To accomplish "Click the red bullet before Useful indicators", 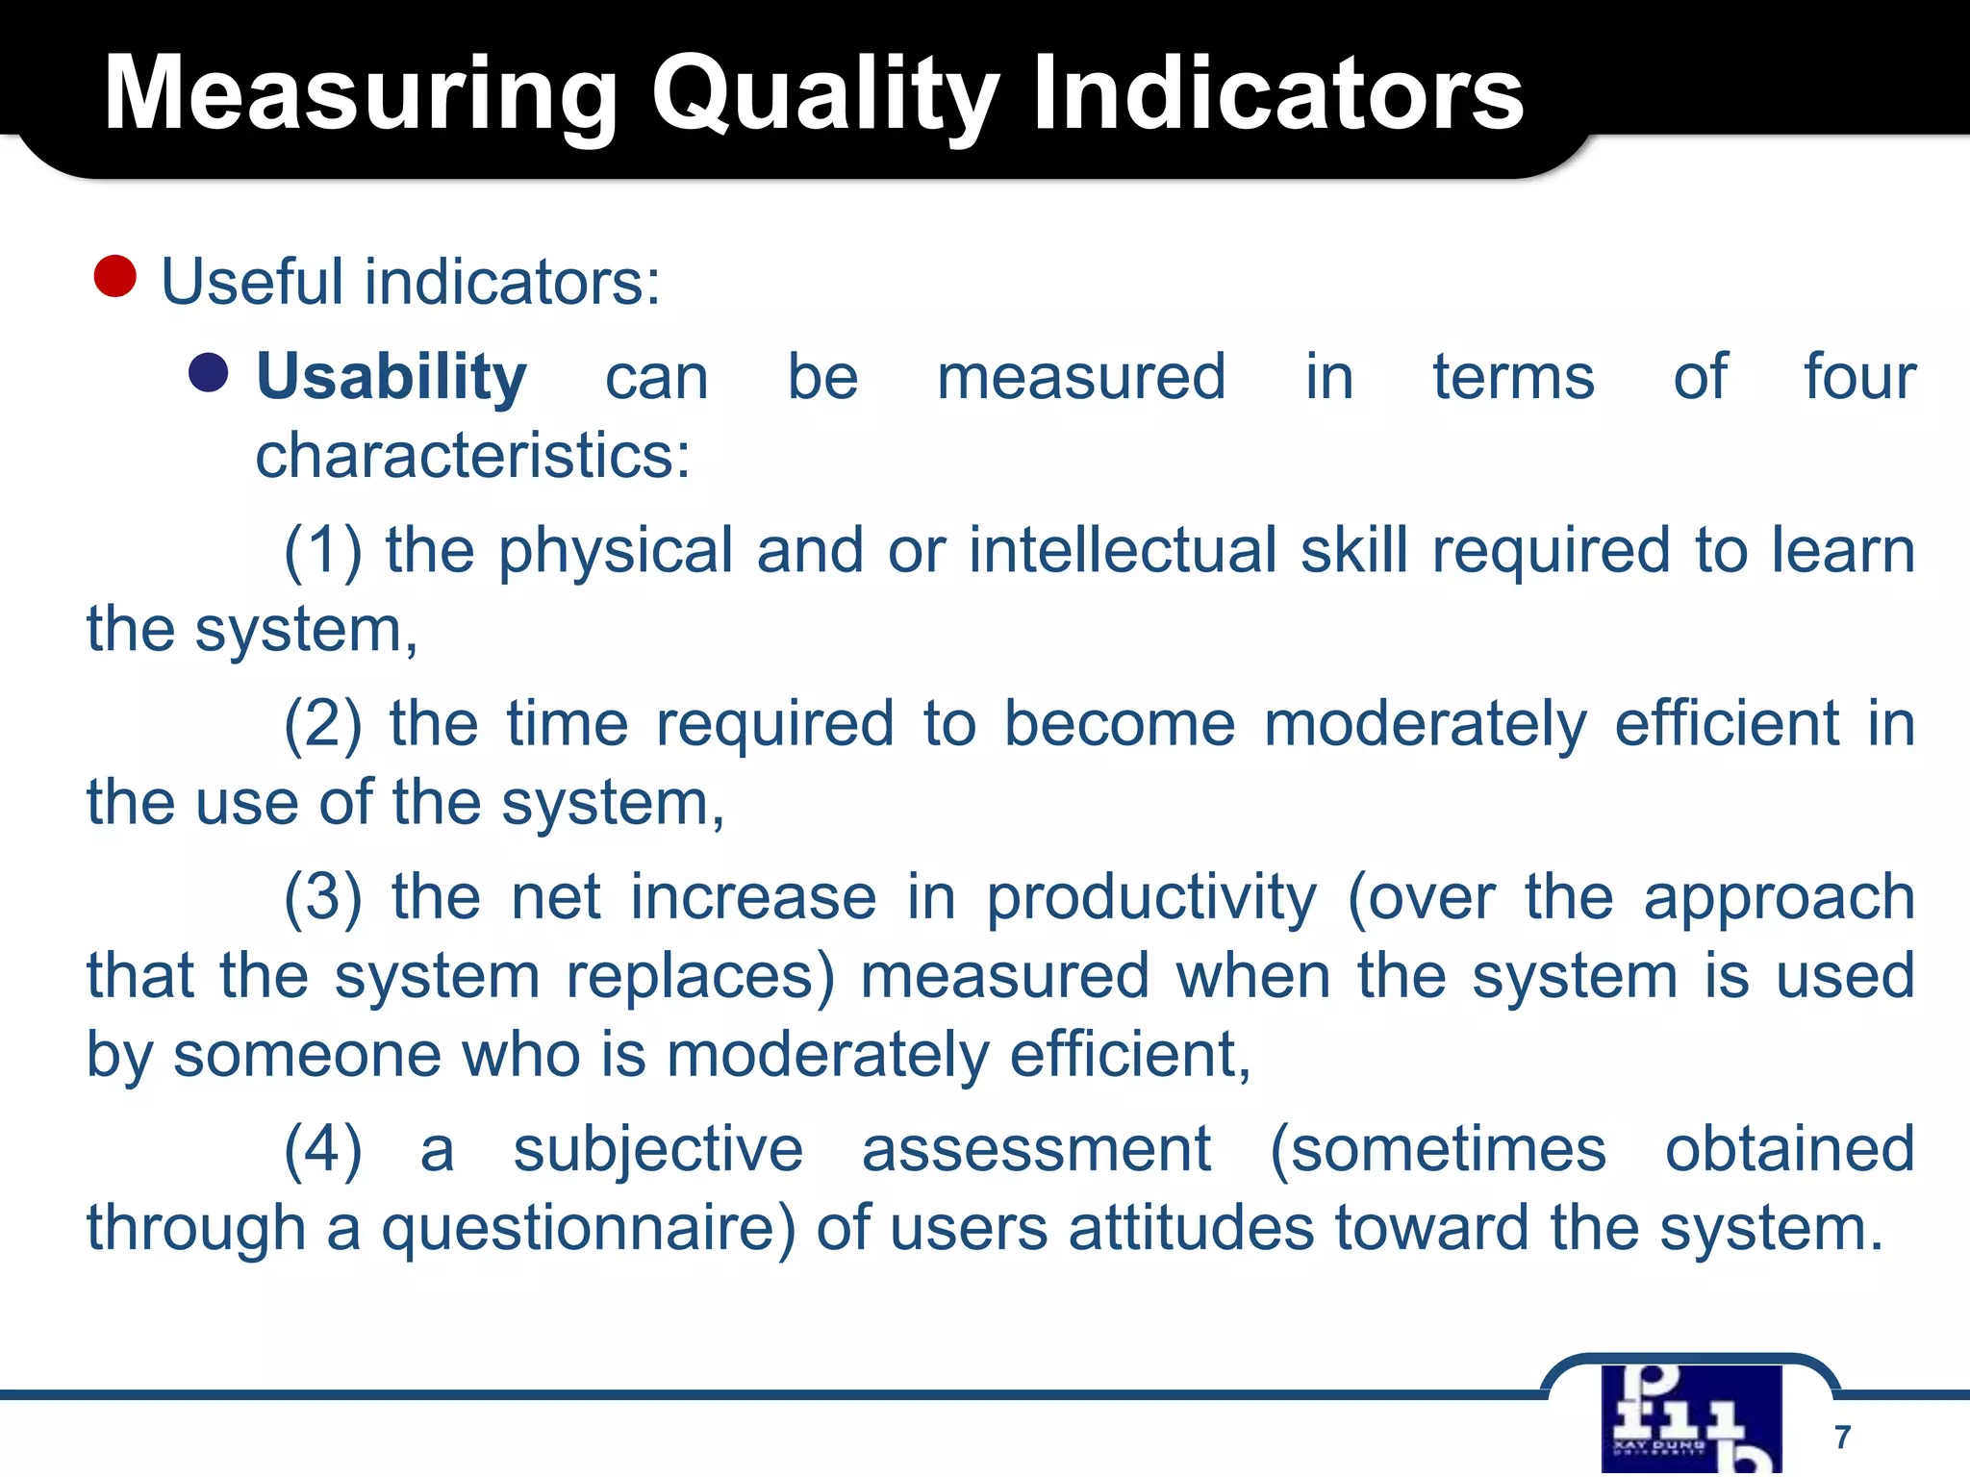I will (x=115, y=277).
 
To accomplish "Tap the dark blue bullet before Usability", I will (x=209, y=373).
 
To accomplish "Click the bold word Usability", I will (x=391, y=377).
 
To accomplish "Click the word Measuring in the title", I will (x=360, y=94).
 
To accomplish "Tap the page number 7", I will (x=1842, y=1437).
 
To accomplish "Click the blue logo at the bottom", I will (x=1691, y=1418).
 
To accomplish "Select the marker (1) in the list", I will (x=323, y=552).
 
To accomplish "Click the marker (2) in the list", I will (x=323, y=725).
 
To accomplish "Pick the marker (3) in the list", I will (x=323, y=898).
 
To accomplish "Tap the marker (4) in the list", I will (x=323, y=1150).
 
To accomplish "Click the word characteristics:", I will (x=472, y=456).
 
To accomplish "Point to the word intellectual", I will (x=1123, y=550).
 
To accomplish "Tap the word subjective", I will (x=658, y=1150).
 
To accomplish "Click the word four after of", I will (x=1858, y=377).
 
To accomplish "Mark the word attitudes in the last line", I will (x=1191, y=1229).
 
